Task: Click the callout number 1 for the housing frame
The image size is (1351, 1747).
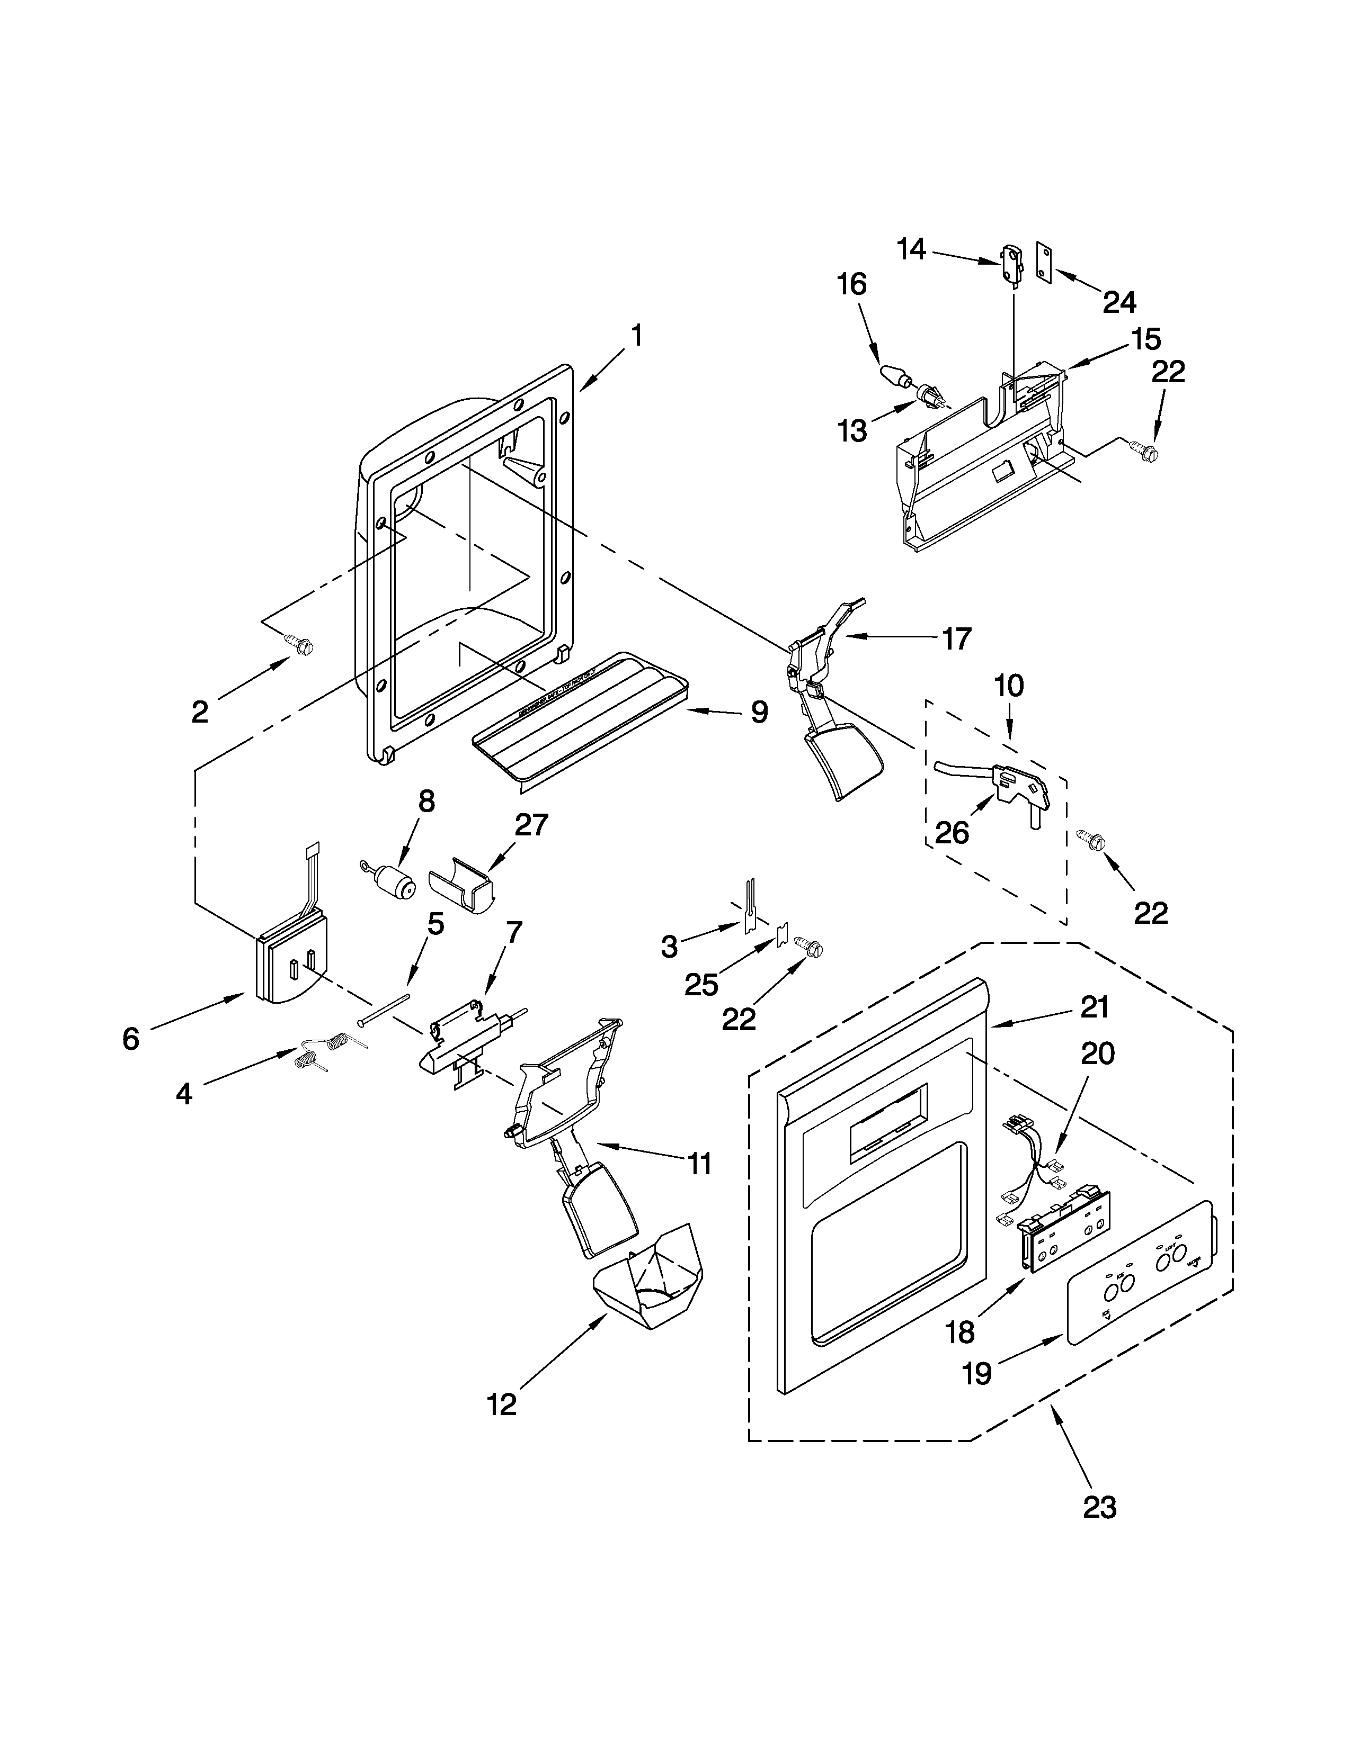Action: [636, 336]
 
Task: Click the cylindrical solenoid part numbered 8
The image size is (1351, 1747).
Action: [392, 881]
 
